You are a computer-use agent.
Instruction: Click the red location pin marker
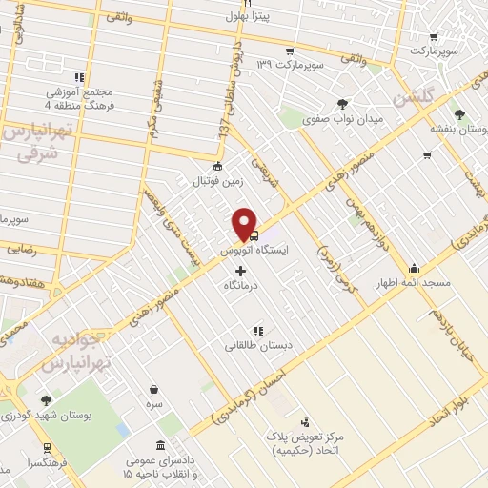pos(246,222)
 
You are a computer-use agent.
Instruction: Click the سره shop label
pos(154,403)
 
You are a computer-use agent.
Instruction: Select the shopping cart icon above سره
pos(154,389)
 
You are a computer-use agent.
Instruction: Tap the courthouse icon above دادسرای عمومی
pos(158,447)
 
